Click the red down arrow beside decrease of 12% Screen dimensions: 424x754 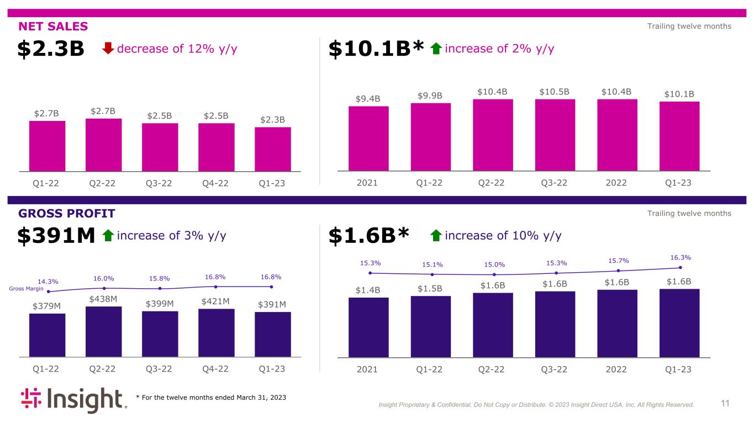[108, 49]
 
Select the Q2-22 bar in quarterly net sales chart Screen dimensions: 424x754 [104, 145]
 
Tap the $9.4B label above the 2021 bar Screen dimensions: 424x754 [368, 99]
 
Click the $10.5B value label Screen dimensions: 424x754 [555, 91]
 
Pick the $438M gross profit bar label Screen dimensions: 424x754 [104, 299]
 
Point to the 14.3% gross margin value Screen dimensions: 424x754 [48, 281]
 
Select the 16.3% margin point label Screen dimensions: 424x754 [680, 257]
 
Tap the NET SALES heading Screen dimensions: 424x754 [53, 26]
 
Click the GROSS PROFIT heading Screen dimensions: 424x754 [67, 213]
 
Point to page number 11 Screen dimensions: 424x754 [725, 404]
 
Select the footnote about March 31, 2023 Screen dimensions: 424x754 [211, 397]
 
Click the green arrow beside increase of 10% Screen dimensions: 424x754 [436, 236]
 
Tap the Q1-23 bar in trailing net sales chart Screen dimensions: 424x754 [679, 136]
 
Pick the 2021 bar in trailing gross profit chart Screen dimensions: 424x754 [368, 327]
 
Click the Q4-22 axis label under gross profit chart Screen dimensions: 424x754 [215, 369]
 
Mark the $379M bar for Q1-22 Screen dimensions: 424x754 [47, 335]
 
